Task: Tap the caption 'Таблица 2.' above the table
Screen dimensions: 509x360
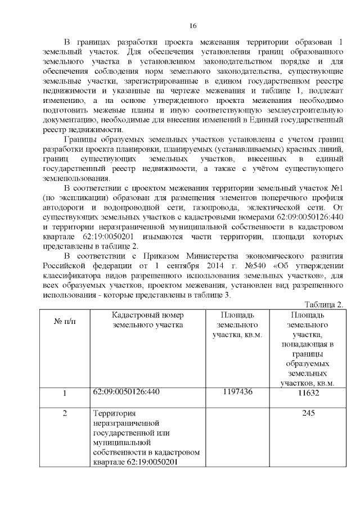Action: tap(323, 304)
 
